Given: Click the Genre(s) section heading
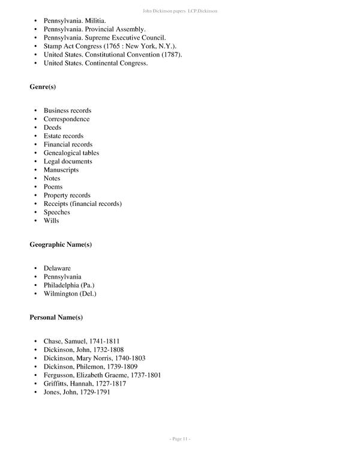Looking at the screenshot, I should tap(43, 87).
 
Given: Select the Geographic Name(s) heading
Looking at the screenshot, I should tap(61, 244).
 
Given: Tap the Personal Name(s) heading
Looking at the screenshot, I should tap(56, 317).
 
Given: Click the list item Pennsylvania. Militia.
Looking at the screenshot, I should tap(74, 21).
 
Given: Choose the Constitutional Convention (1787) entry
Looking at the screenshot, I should tap(113, 55).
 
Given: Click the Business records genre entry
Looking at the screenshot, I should tap(67, 110).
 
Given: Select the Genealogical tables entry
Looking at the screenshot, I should tap(71, 153).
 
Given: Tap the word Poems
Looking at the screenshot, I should tap(53, 187).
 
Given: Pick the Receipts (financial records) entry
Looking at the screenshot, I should tap(82, 204).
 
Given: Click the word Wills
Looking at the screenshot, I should tap(51, 220).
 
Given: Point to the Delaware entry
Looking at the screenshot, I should tap(57, 268).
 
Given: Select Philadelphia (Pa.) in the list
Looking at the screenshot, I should tap(69, 285).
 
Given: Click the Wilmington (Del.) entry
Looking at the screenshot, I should tap(70, 294).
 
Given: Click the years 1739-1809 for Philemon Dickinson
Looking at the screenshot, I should tap(123, 367).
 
